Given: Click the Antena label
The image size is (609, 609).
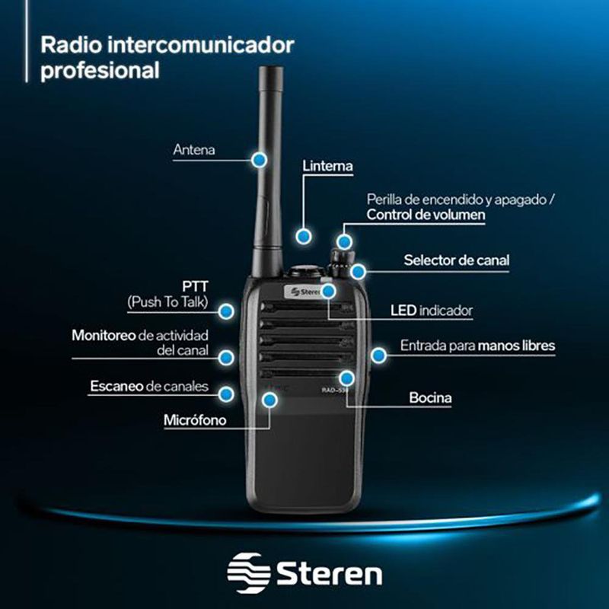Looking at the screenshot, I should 194,150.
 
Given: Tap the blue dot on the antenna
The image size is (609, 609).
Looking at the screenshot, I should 260,159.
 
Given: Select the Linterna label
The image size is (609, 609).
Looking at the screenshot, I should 327,165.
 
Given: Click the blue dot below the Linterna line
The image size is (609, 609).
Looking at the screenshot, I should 304,236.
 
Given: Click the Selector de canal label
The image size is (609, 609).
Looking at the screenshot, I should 456,260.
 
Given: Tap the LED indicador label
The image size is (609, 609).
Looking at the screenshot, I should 431,311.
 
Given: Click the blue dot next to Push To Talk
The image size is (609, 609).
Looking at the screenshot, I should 226,311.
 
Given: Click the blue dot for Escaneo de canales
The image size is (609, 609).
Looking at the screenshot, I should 226,393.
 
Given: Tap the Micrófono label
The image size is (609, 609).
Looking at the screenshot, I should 195,420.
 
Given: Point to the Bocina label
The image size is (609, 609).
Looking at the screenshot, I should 430,397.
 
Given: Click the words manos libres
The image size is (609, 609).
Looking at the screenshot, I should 517,346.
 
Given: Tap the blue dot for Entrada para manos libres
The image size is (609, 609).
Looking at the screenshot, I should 378,354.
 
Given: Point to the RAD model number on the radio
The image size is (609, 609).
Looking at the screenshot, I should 335,390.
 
